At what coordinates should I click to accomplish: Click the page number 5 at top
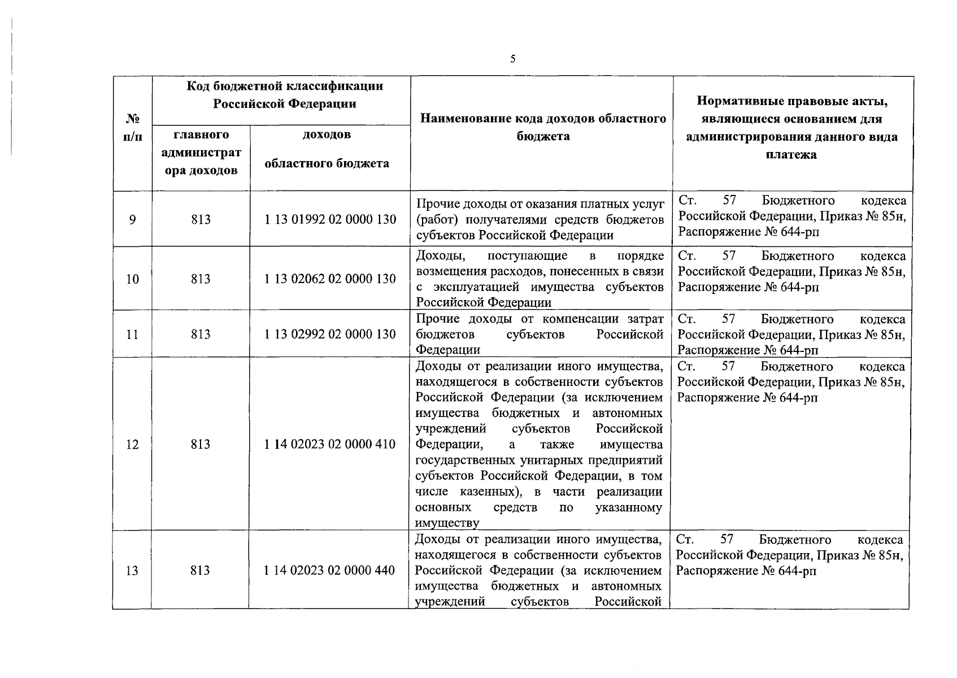pyautogui.click(x=512, y=59)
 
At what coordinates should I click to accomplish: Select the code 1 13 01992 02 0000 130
pyautogui.click(x=330, y=219)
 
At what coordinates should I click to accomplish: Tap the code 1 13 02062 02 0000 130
pyautogui.click(x=330, y=279)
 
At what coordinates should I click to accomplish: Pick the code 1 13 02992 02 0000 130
pyautogui.click(x=330, y=334)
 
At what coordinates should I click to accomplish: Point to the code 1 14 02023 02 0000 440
pyautogui.click(x=329, y=570)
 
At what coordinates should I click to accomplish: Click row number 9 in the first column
pyautogui.click(x=132, y=219)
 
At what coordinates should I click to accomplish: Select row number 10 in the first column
pyautogui.click(x=132, y=279)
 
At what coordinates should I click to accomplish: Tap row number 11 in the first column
pyautogui.click(x=132, y=334)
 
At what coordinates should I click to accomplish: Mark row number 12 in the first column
pyautogui.click(x=132, y=444)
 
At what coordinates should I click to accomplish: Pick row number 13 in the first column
pyautogui.click(x=132, y=570)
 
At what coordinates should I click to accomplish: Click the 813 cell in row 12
pyautogui.click(x=201, y=444)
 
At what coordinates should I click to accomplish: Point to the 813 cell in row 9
pyautogui.click(x=201, y=219)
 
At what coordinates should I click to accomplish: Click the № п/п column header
pyautogui.click(x=133, y=128)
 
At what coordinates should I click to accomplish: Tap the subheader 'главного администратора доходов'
pyautogui.click(x=201, y=153)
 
